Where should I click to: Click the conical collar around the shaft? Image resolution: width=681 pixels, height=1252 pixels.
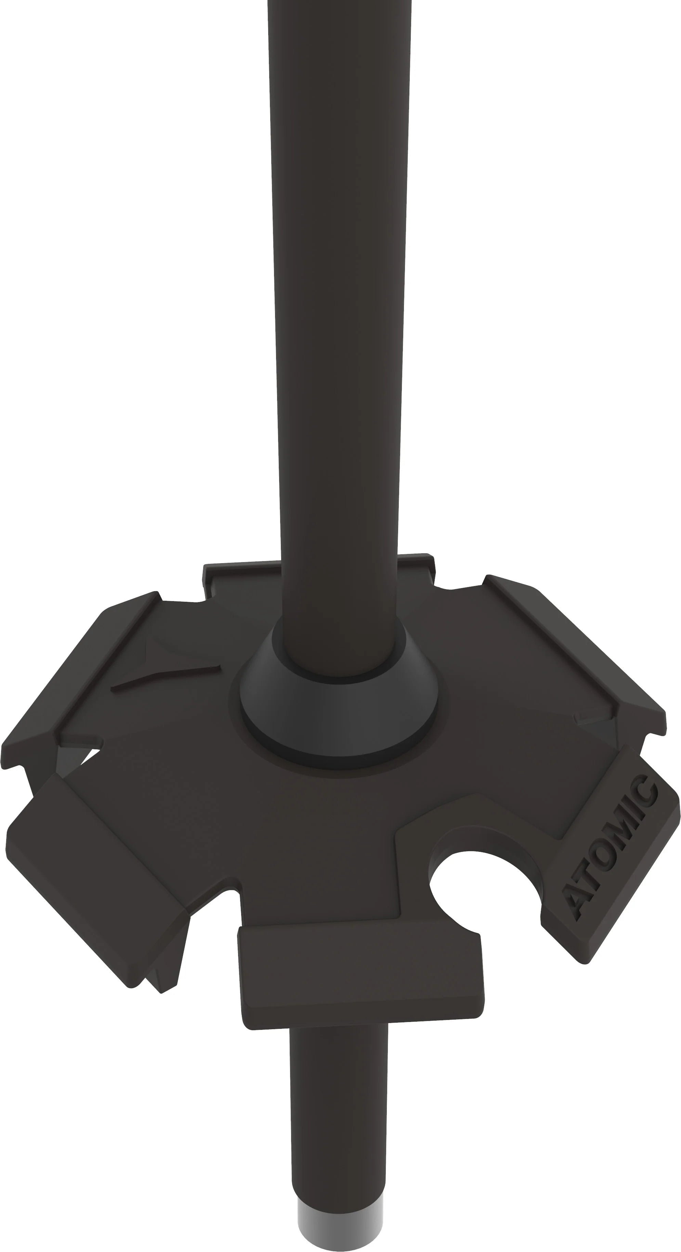[x=339, y=705]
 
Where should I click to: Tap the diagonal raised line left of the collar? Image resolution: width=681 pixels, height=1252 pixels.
[x=166, y=676]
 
